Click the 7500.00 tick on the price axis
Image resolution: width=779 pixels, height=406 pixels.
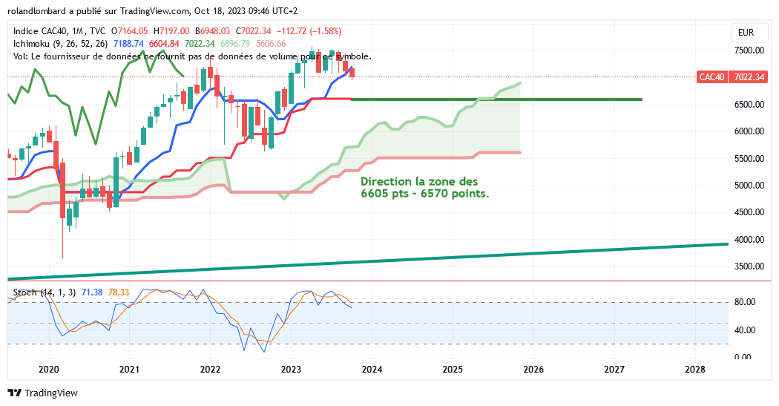[x=749, y=50]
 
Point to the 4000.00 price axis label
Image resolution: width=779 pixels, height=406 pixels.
[x=749, y=240]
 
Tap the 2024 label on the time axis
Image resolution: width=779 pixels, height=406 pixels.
[x=372, y=369]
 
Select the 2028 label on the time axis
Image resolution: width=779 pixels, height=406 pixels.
[x=695, y=369]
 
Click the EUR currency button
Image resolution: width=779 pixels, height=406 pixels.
[x=745, y=33]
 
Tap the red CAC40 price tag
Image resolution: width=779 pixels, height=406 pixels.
[x=711, y=77]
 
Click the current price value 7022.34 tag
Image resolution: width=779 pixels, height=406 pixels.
[x=749, y=77]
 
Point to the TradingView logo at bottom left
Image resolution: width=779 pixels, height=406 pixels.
[x=42, y=393]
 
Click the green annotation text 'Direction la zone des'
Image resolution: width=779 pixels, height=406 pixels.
[x=419, y=181]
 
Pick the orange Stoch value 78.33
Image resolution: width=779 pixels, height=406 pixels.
[x=119, y=292]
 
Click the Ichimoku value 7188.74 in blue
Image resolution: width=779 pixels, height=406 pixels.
[x=129, y=44]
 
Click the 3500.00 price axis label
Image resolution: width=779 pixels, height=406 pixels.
[x=749, y=266]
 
